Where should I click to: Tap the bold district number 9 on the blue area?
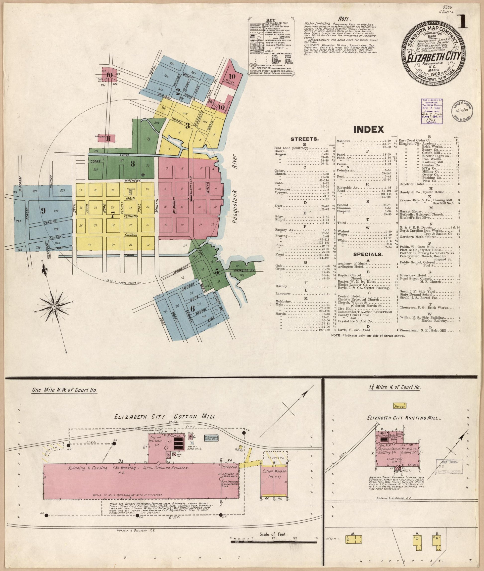click(x=43, y=211)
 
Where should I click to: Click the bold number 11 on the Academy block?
click(x=108, y=138)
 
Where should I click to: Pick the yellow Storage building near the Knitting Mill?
click(x=399, y=406)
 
